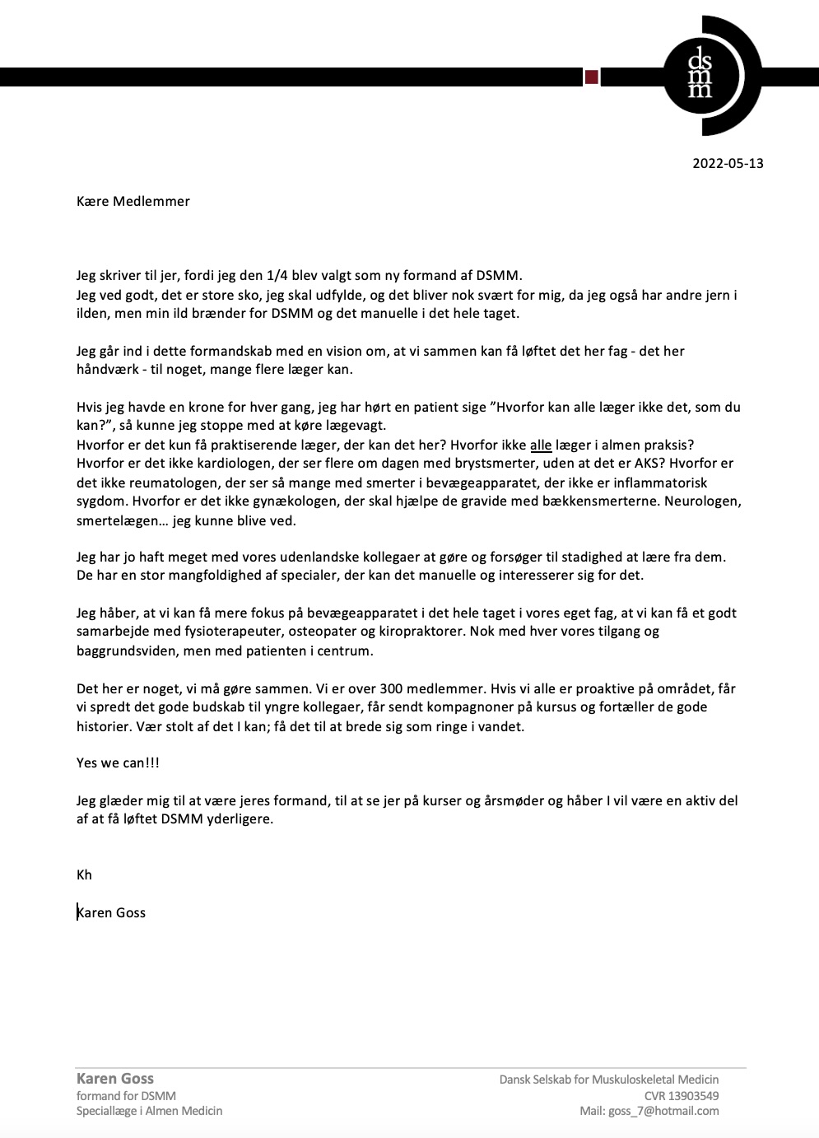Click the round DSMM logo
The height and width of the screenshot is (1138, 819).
pos(701,76)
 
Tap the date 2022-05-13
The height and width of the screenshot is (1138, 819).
pos(728,163)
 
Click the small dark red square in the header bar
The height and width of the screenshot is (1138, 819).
pos(591,77)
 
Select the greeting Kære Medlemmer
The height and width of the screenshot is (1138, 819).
pos(133,202)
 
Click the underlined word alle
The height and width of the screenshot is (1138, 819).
pos(541,445)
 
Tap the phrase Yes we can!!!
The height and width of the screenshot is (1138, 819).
pos(118,763)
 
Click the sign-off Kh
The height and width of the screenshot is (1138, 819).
pos(84,874)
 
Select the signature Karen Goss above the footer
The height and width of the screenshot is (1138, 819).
pos(111,912)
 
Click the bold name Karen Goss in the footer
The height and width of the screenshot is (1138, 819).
pos(115,1079)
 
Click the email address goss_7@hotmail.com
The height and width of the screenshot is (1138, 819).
pos(663,1111)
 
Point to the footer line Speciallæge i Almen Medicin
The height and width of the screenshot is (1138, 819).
pos(149,1111)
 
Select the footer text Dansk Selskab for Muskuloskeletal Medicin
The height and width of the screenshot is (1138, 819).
pos(609,1080)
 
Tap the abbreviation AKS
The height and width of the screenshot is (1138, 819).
pos(646,464)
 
